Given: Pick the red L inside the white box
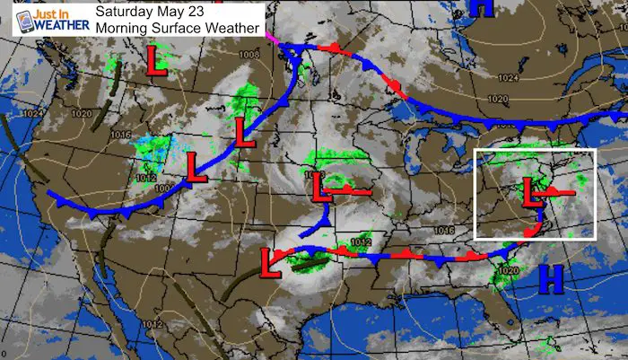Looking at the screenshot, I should click(531, 190).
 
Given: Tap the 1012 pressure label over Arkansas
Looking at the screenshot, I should click(361, 241).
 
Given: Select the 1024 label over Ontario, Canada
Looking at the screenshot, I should click(508, 79).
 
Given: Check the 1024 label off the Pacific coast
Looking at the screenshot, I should click(32, 113).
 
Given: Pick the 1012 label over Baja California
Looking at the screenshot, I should click(150, 323).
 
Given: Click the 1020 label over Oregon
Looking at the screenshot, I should click(78, 115).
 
